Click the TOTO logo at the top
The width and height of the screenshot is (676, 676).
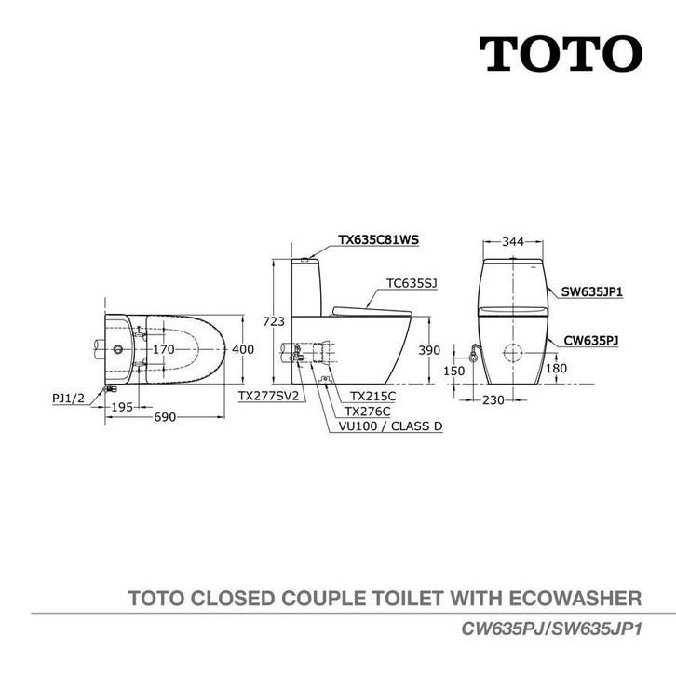[x=561, y=54]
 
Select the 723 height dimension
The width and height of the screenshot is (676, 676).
[x=274, y=321]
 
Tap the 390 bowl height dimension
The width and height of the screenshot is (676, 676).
[x=429, y=350]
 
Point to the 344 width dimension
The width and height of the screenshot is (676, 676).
[x=513, y=242]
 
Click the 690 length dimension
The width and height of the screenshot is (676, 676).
[x=165, y=417]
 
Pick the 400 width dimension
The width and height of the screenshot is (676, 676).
[x=243, y=349]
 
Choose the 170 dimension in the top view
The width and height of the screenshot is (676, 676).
[x=164, y=349]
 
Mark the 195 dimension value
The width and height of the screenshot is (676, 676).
[x=122, y=407]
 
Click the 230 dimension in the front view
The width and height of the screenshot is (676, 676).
[x=493, y=400]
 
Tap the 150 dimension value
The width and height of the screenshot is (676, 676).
[x=454, y=371]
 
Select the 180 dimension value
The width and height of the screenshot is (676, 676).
[x=556, y=368]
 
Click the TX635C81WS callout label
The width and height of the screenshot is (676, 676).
[x=378, y=239]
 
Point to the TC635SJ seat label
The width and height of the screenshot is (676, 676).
[x=412, y=283]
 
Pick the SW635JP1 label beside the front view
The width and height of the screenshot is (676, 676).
[x=591, y=291]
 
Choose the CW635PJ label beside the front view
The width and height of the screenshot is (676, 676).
[x=591, y=341]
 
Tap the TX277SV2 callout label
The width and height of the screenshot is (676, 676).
[x=268, y=396]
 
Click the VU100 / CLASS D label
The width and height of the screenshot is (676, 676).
[x=390, y=426]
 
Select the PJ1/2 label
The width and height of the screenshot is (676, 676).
[x=69, y=398]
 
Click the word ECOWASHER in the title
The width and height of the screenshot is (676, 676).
[x=575, y=599]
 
